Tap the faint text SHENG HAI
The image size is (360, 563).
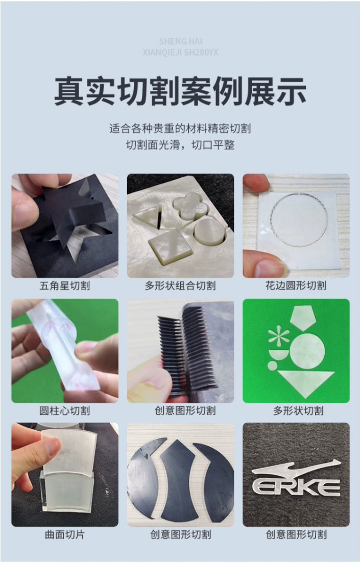pos(180,42)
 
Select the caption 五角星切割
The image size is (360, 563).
pos(65,286)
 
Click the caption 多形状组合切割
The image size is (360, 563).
pos(180,286)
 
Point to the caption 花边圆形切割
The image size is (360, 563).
pos(296,286)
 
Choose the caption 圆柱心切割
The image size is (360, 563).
pos(65,410)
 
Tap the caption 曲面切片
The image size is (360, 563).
pos(65,534)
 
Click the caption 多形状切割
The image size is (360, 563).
pos(298,410)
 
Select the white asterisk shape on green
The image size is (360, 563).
pos(279,336)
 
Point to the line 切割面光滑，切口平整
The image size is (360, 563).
pos(180,145)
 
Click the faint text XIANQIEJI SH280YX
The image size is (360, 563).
pos(180,53)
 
